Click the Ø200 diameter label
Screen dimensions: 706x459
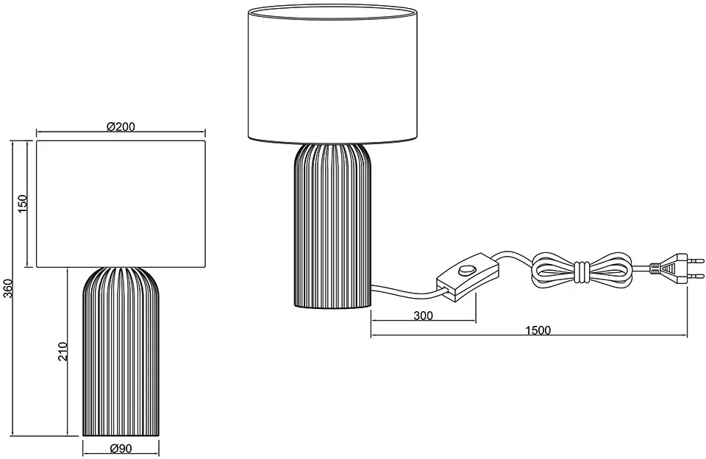click(121, 127)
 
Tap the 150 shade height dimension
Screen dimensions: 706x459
click(23, 204)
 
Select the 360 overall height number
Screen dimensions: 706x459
click(8, 289)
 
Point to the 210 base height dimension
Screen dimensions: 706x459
click(63, 352)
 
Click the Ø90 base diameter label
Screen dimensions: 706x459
click(121, 449)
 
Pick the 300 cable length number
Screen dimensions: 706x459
click(423, 316)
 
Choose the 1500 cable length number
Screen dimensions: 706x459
click(538, 330)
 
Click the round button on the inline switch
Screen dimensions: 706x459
click(466, 271)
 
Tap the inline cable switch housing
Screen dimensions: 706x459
click(468, 277)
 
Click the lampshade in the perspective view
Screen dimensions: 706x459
click(331, 74)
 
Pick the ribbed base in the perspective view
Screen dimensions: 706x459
click(332, 226)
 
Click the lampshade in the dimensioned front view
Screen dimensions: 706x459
click(121, 204)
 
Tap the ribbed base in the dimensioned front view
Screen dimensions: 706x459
click(121, 352)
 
